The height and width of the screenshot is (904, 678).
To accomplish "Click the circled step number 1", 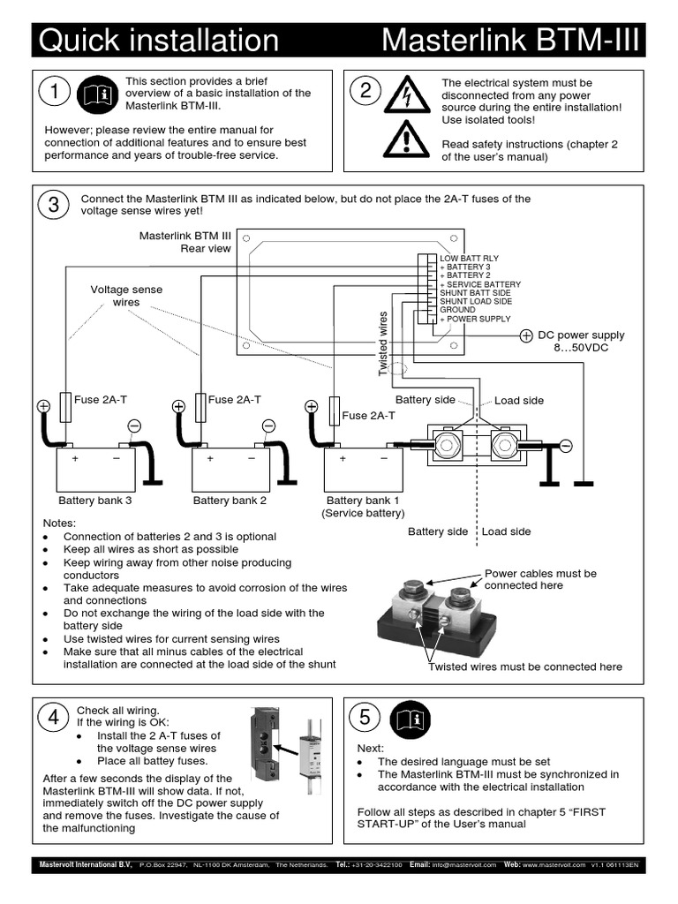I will click(x=55, y=92).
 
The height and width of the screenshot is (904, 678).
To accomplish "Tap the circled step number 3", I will click(x=54, y=205).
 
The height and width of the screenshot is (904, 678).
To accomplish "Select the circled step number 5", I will click(x=365, y=718).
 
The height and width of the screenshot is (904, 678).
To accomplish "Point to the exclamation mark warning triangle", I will click(x=406, y=139).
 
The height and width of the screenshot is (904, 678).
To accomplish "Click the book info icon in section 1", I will click(x=95, y=94).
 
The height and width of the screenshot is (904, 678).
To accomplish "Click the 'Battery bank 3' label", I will click(x=94, y=501).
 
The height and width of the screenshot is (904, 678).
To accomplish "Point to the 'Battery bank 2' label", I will click(x=230, y=501).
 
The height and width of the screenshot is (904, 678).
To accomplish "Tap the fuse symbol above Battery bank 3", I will click(x=66, y=408).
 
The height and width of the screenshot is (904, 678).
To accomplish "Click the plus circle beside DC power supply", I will click(x=525, y=335).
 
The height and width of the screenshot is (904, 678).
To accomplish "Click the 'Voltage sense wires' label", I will click(x=126, y=296).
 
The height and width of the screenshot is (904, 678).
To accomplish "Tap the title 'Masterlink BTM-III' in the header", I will click(x=509, y=41).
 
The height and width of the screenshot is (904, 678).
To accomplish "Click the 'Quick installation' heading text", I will click(x=159, y=41).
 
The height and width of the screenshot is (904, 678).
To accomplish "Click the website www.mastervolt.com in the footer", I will click(x=554, y=864).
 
